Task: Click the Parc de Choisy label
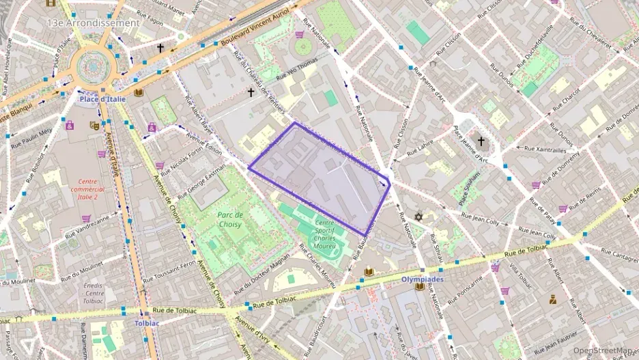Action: pos(230,219)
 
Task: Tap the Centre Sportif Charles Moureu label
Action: pos(325,234)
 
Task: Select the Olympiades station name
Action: pos(421,279)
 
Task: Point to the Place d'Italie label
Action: pos(102,100)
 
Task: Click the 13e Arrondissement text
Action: pos(93,23)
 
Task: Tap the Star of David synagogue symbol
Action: pos(419,217)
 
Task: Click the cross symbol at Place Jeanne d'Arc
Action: pos(481,141)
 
